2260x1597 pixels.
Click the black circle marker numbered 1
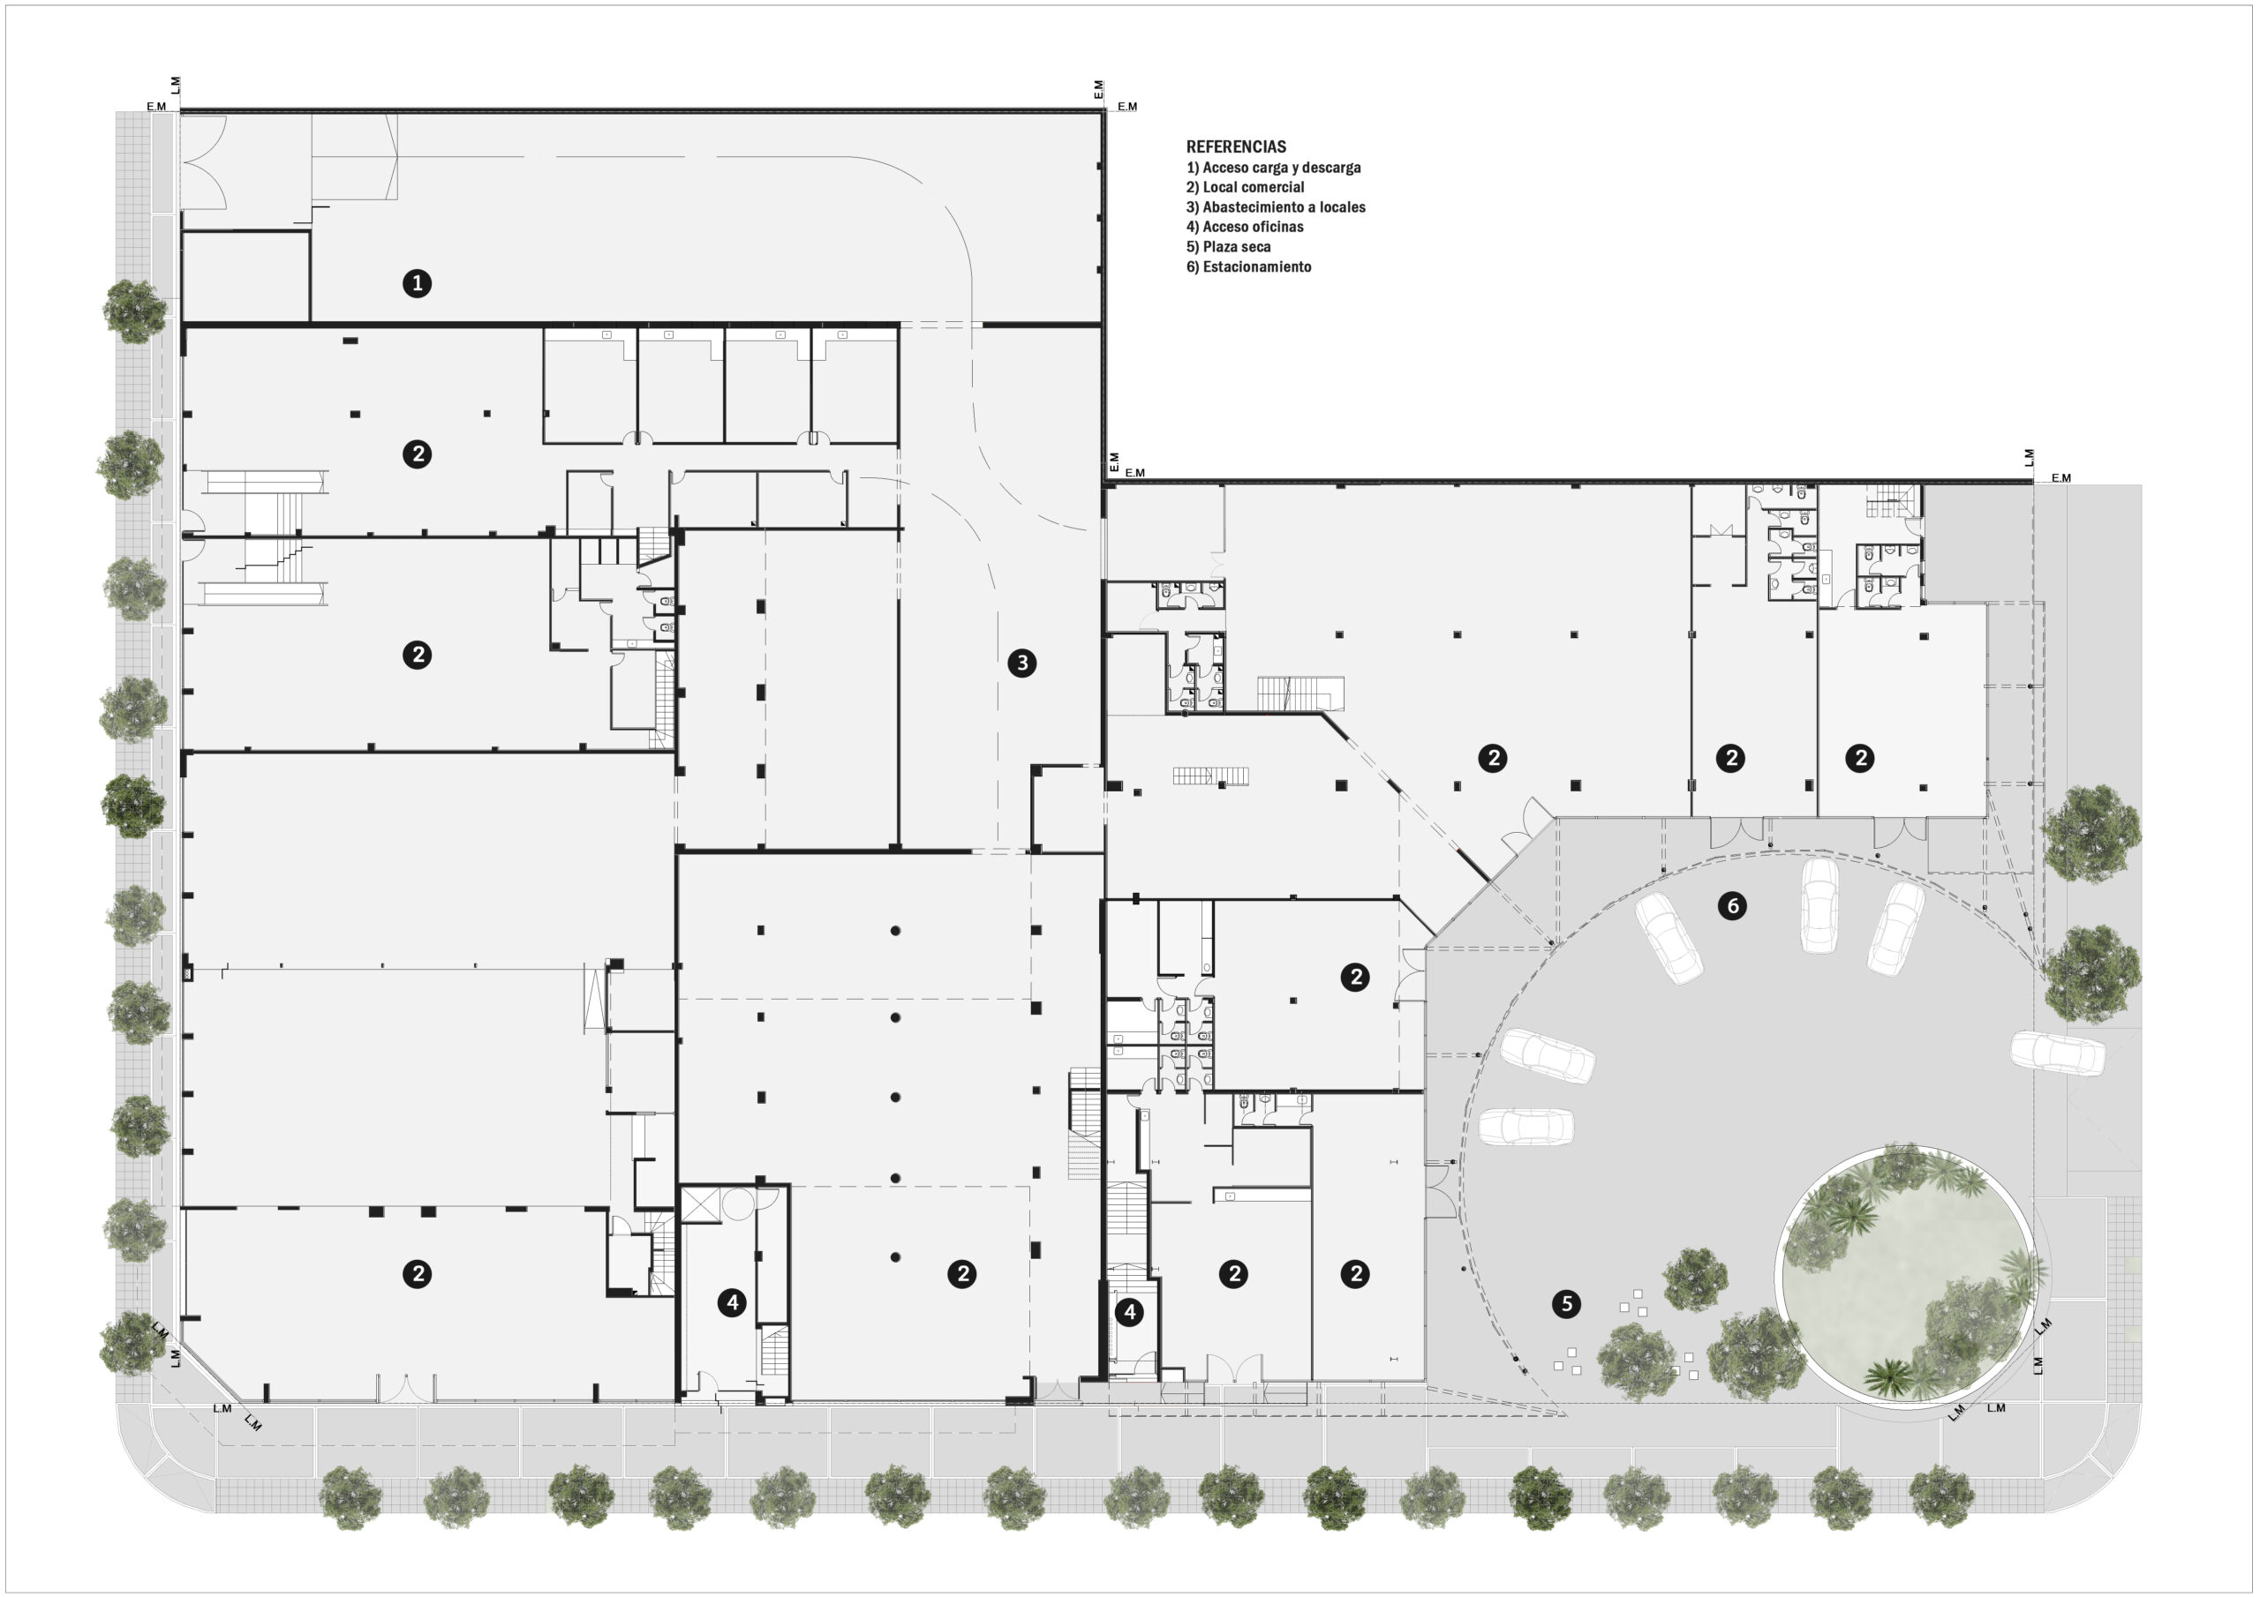coord(418,283)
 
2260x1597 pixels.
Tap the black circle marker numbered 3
coord(1021,664)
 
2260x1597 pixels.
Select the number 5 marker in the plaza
coord(1566,1304)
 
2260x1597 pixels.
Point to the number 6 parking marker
coord(1732,905)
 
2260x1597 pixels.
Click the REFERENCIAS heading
coord(1235,146)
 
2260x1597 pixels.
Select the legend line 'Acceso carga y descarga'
coord(1274,168)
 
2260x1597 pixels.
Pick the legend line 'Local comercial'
coord(1245,187)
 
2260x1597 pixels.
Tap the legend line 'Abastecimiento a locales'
coord(1276,206)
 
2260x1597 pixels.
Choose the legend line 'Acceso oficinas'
coord(1244,227)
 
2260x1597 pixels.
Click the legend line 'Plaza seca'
coord(1227,247)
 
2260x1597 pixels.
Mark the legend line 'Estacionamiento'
coord(1248,266)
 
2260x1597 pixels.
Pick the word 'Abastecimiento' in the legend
coord(1250,206)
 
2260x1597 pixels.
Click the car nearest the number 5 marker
coord(1525,1127)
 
